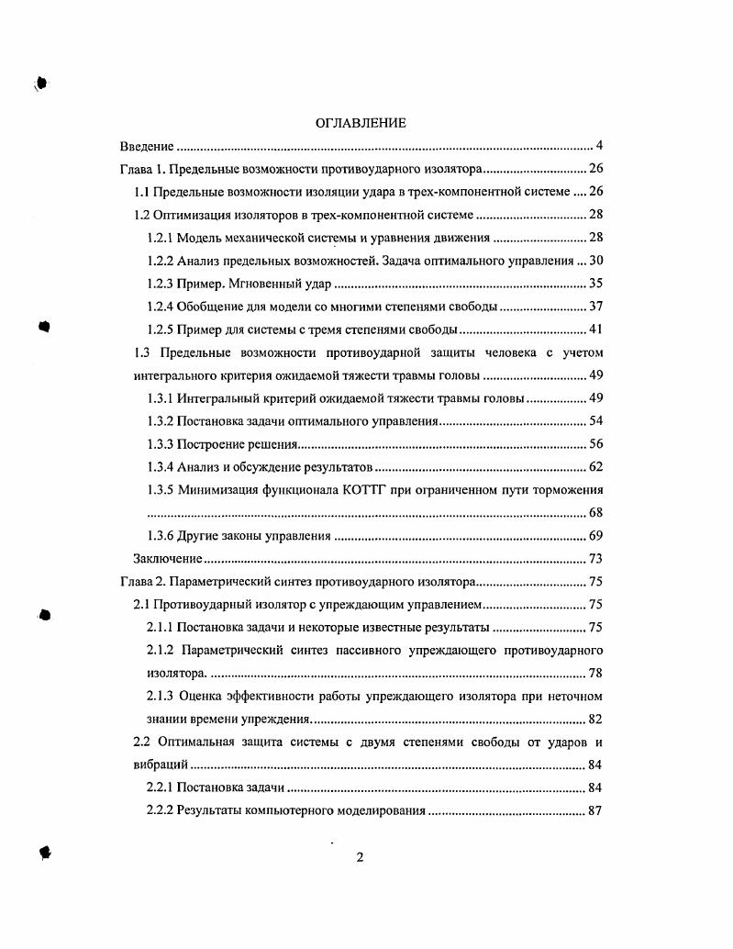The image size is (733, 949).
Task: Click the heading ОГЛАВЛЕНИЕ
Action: pyautogui.click(x=360, y=123)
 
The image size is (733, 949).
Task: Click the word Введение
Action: pyautogui.click(x=147, y=146)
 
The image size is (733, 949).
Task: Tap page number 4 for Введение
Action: pyautogui.click(x=598, y=146)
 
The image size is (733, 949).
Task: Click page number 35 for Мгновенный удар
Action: pyautogui.click(x=594, y=284)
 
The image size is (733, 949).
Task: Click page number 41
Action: pyautogui.click(x=594, y=329)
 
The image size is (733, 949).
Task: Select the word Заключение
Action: pyautogui.click(x=167, y=559)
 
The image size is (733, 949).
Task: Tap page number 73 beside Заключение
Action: pyautogui.click(x=594, y=559)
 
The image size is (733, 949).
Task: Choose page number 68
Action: pyautogui.click(x=594, y=513)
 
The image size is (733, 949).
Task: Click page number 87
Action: pyautogui.click(x=594, y=811)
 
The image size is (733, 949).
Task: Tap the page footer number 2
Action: pyautogui.click(x=360, y=858)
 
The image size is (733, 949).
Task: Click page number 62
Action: pyautogui.click(x=594, y=467)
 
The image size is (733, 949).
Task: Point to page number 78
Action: pyautogui.click(x=594, y=674)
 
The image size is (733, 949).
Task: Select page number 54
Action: pyautogui.click(x=594, y=421)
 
